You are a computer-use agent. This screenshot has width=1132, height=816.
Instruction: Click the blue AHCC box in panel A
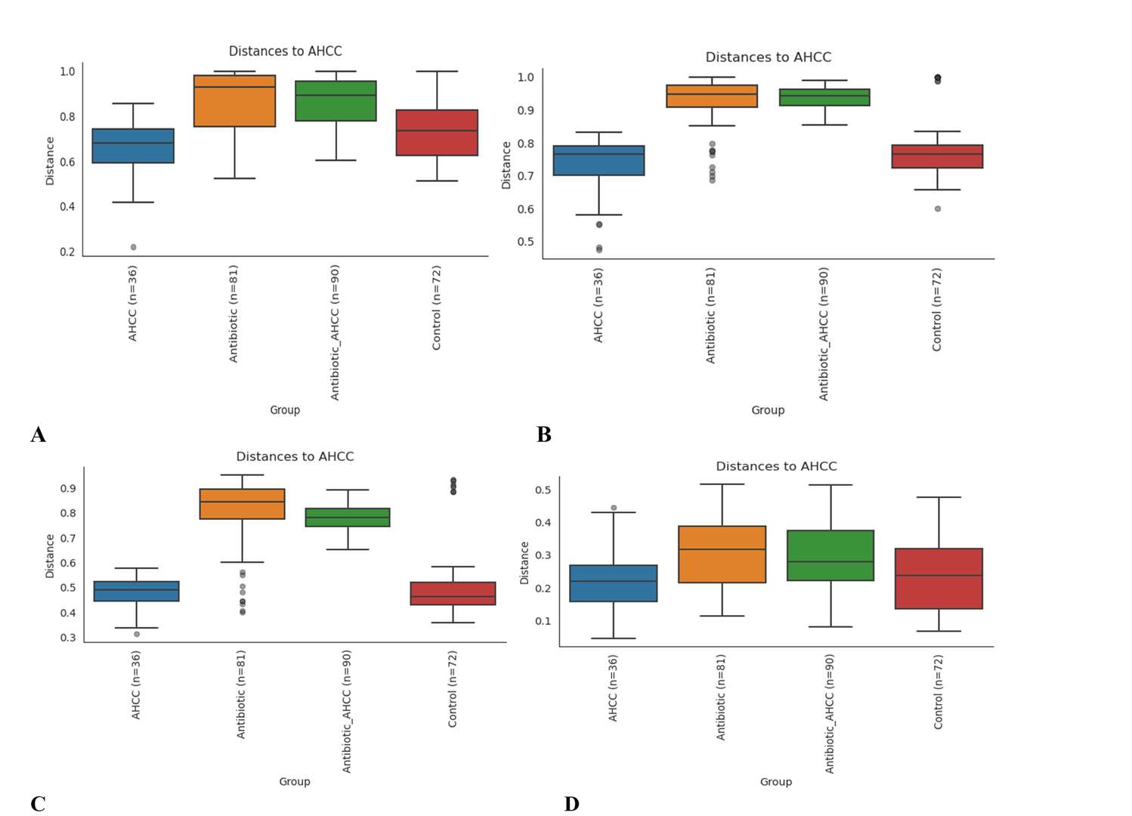pyautogui.click(x=133, y=146)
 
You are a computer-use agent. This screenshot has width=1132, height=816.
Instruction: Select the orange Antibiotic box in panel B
pyautogui.click(x=711, y=96)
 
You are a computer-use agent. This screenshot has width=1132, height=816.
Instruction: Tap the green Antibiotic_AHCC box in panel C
pyautogui.click(x=348, y=517)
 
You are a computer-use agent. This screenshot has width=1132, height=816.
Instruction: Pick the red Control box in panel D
pyautogui.click(x=939, y=578)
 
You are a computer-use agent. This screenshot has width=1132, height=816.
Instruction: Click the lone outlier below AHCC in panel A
pyautogui.click(x=134, y=247)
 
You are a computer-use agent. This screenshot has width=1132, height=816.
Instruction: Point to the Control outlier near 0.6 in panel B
pyautogui.click(x=938, y=209)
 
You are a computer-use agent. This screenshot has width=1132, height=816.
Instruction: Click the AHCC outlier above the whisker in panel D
pyautogui.click(x=614, y=508)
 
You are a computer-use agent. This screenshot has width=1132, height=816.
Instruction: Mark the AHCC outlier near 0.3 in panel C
pyautogui.click(x=137, y=634)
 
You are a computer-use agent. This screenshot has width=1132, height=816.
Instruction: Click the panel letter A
pyautogui.click(x=38, y=434)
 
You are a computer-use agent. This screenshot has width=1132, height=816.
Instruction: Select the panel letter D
pyautogui.click(x=571, y=804)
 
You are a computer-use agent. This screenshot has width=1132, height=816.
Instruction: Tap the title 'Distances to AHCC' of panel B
pyautogui.click(x=768, y=57)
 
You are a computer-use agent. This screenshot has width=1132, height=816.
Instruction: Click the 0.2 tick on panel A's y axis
pyautogui.click(x=67, y=252)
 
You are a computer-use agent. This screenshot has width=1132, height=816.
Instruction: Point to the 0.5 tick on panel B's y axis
pyautogui.click(x=525, y=242)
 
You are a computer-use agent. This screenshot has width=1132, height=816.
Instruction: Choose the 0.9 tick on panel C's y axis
pyautogui.click(x=68, y=488)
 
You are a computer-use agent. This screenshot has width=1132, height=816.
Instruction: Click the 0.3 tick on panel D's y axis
pyautogui.click(x=543, y=555)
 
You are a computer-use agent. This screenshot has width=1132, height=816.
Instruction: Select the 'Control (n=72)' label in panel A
pyautogui.click(x=436, y=308)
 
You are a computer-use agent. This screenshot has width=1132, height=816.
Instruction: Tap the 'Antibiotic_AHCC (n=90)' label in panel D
pyautogui.click(x=830, y=713)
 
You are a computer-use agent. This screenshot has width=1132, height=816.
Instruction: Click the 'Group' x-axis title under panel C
pyautogui.click(x=295, y=781)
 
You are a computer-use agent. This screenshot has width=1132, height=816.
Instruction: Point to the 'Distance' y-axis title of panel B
pyautogui.click(x=506, y=165)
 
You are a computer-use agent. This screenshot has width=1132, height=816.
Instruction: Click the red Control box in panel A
pyautogui.click(x=437, y=133)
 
